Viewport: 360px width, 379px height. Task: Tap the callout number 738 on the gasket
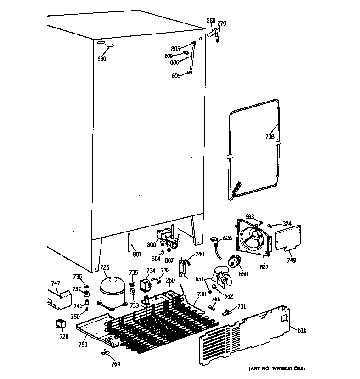pos(270,136)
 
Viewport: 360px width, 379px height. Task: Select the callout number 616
pos(302,330)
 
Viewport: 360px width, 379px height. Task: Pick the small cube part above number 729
pos(60,324)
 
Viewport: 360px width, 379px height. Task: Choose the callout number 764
pos(115,364)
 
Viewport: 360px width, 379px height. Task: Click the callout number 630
pos(101,59)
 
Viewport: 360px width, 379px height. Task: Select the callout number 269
pos(211,21)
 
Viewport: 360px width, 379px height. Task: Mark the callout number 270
pos(221,23)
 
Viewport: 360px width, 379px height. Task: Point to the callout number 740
pos(199,254)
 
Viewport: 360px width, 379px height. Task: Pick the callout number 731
pos(242,307)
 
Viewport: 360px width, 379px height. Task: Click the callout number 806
pos(174,63)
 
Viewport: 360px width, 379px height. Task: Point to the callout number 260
pos(170,280)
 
